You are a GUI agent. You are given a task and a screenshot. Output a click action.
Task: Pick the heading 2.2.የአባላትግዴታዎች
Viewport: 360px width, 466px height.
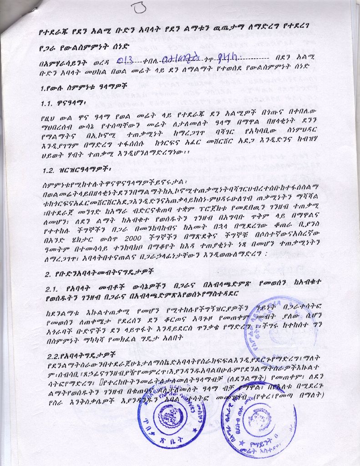79,353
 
